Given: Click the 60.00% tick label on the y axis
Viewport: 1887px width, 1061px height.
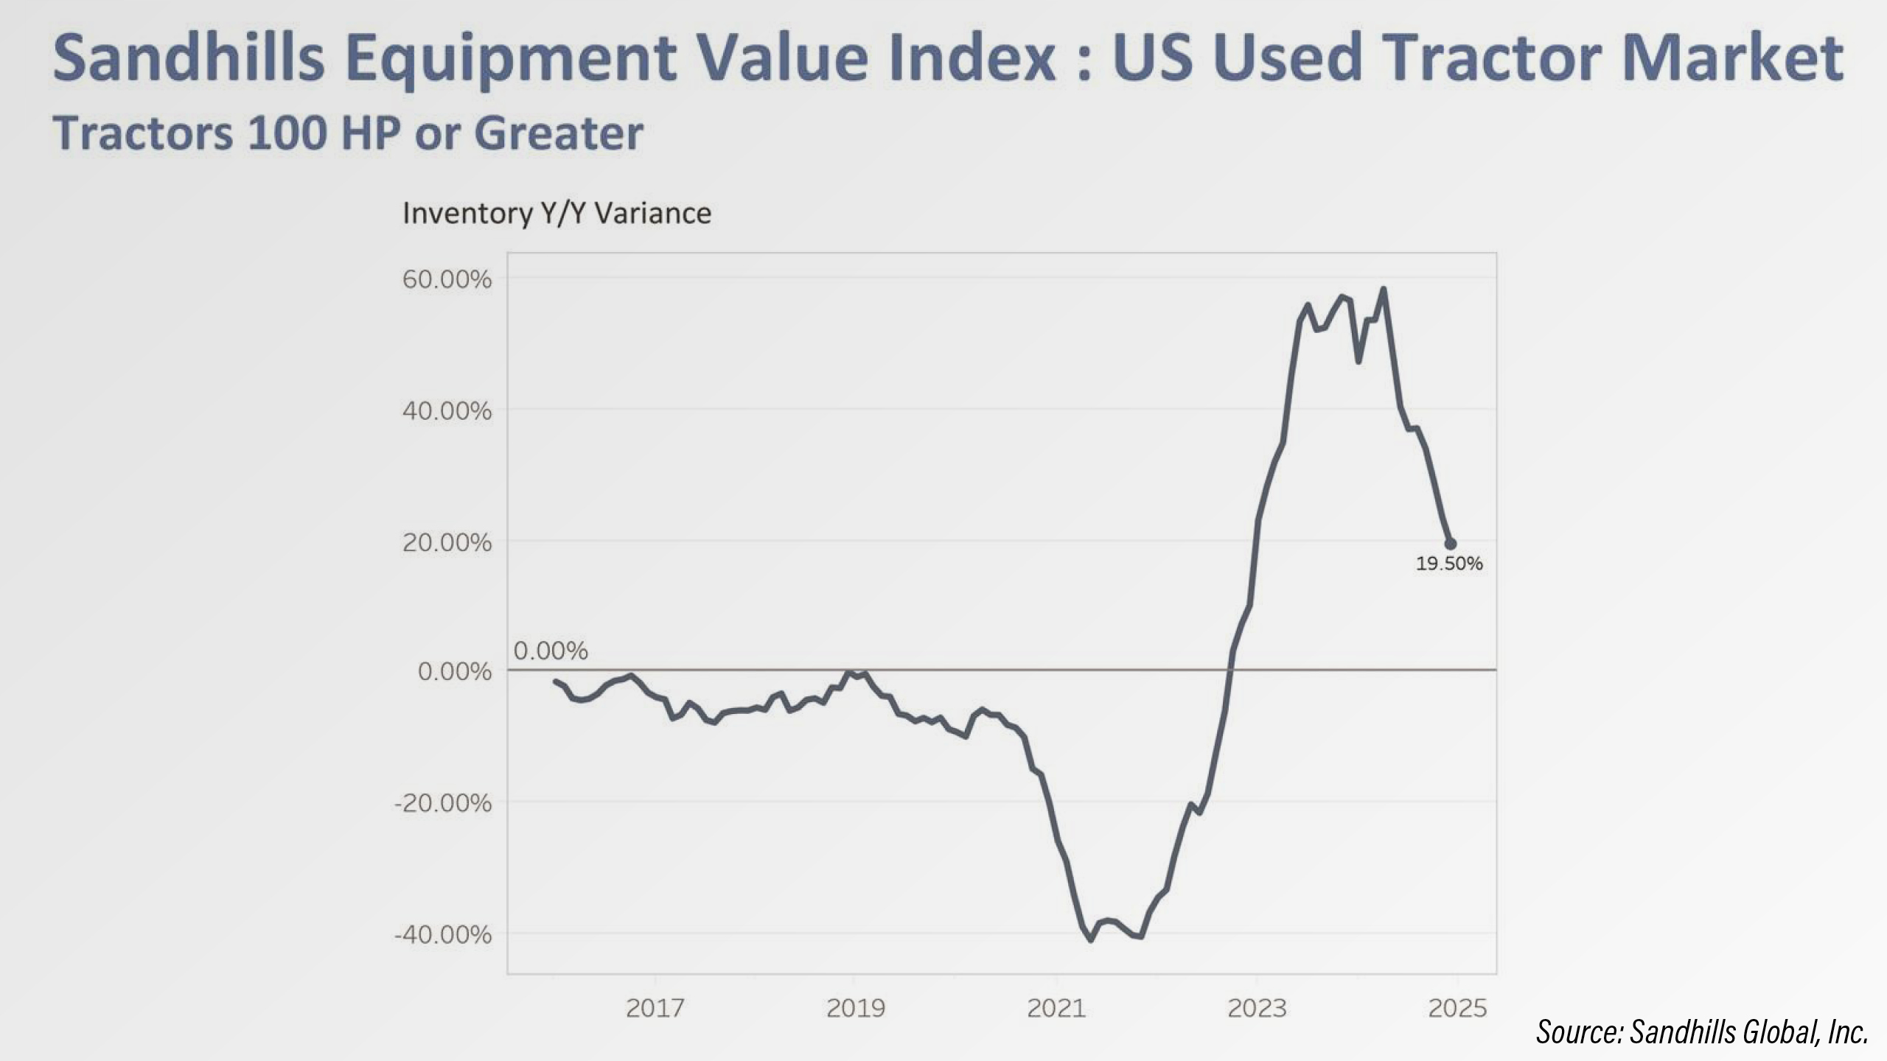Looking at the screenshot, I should pyautogui.click(x=447, y=280).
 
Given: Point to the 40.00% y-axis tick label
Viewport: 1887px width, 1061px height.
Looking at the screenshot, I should pyautogui.click(x=447, y=411).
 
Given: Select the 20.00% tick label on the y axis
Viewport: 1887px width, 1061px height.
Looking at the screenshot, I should pyautogui.click(x=447, y=543).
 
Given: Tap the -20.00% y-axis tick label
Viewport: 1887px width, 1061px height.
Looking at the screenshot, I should pyautogui.click(x=443, y=802).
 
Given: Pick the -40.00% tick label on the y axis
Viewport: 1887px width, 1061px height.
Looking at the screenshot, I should pyautogui.click(x=443, y=935).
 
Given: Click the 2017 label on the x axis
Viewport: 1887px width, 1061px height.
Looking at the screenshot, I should pyautogui.click(x=655, y=1008).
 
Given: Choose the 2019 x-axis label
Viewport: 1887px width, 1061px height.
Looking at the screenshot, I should pyautogui.click(x=855, y=1008).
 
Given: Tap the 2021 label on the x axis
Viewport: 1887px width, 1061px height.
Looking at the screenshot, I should pyautogui.click(x=1056, y=1008).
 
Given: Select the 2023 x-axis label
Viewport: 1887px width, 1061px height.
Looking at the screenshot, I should pyautogui.click(x=1257, y=1008).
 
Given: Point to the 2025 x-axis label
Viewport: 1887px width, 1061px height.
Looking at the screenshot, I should pyautogui.click(x=1457, y=1008).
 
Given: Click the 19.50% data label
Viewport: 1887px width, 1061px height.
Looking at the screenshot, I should pyautogui.click(x=1448, y=564).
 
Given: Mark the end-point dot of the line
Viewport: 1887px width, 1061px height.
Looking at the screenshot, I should pyautogui.click(x=1450, y=544).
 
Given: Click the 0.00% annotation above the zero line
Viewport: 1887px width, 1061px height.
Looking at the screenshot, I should pyautogui.click(x=551, y=651).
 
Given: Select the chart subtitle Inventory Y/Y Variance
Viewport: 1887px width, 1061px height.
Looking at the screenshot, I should pyautogui.click(x=557, y=214).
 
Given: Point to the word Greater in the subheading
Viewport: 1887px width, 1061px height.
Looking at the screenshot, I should pyautogui.click(x=558, y=133).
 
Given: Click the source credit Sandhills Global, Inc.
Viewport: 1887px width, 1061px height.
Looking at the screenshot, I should pyautogui.click(x=1701, y=1032).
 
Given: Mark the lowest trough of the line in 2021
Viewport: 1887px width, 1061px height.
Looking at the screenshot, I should pyautogui.click(x=1091, y=940).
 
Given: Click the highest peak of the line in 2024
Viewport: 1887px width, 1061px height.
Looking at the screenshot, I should pyautogui.click(x=1384, y=289).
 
